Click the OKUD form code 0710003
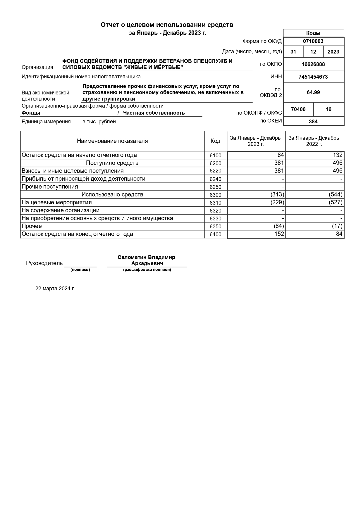pos(313,41)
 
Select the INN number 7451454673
pos(313,77)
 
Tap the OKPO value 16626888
pos(313,64)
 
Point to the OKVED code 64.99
pos(313,92)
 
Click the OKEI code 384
pos(313,121)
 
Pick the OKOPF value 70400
pos(298,109)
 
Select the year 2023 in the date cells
pos(333,52)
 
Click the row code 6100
pos(216,156)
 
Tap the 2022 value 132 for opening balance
pos(338,155)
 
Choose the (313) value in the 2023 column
pos(277,194)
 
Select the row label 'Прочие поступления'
pos(50,186)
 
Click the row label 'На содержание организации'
pos(61,210)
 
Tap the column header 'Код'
pos(216,141)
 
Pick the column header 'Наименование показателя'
pos(112,141)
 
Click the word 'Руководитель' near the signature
pos(44,263)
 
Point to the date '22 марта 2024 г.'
pos(55,289)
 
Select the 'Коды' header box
pos(313,33)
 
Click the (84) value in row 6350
pos(278,226)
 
